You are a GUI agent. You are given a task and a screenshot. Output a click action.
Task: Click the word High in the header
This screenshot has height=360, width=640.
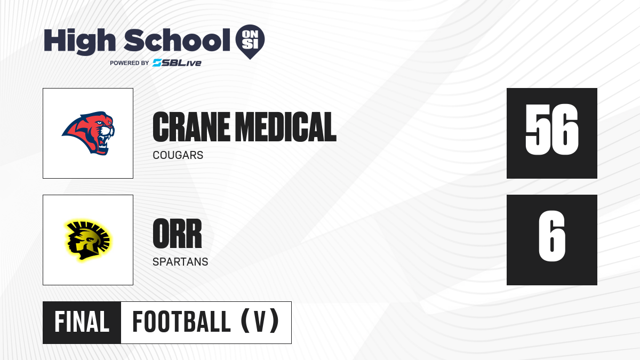[x=79, y=41]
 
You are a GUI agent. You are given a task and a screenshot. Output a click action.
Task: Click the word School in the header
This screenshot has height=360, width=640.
[x=177, y=39]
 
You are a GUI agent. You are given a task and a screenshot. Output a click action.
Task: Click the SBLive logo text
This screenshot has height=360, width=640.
[x=177, y=62]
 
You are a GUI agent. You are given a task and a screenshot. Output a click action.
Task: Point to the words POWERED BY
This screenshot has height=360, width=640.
[x=129, y=63]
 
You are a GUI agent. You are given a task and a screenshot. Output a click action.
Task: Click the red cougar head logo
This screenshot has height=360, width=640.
[x=89, y=133]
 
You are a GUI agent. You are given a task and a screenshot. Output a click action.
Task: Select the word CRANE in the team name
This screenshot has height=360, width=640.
[x=191, y=127]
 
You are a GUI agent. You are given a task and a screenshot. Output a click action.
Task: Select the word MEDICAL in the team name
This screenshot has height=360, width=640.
[x=287, y=127]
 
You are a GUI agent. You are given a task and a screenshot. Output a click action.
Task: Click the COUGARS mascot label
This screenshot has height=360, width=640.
[x=178, y=155]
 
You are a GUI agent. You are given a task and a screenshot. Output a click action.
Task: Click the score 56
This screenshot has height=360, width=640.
[x=551, y=130]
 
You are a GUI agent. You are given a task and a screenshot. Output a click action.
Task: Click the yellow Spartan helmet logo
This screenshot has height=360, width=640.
[x=88, y=240]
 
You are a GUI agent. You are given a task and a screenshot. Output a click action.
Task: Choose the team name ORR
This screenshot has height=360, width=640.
[x=177, y=234]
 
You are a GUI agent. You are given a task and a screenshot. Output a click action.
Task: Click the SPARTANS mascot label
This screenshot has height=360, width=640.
[x=180, y=262]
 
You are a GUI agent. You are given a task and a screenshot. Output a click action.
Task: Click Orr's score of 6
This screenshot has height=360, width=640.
[x=551, y=236]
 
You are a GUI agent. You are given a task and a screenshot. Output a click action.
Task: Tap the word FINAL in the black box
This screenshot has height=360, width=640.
[x=82, y=322]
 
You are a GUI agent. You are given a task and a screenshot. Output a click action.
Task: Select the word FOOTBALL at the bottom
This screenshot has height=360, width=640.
[x=181, y=322]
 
